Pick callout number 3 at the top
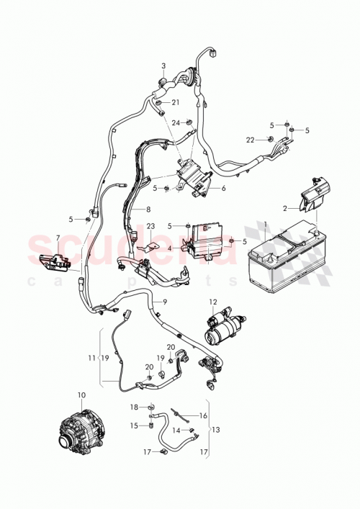click(163, 66)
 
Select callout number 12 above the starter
click(212, 302)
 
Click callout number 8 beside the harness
click(148, 210)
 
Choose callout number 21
click(176, 102)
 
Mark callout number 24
click(175, 122)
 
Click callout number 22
click(251, 138)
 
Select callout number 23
click(151, 225)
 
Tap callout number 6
click(223, 189)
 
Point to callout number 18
click(133, 407)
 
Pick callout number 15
click(133, 425)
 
